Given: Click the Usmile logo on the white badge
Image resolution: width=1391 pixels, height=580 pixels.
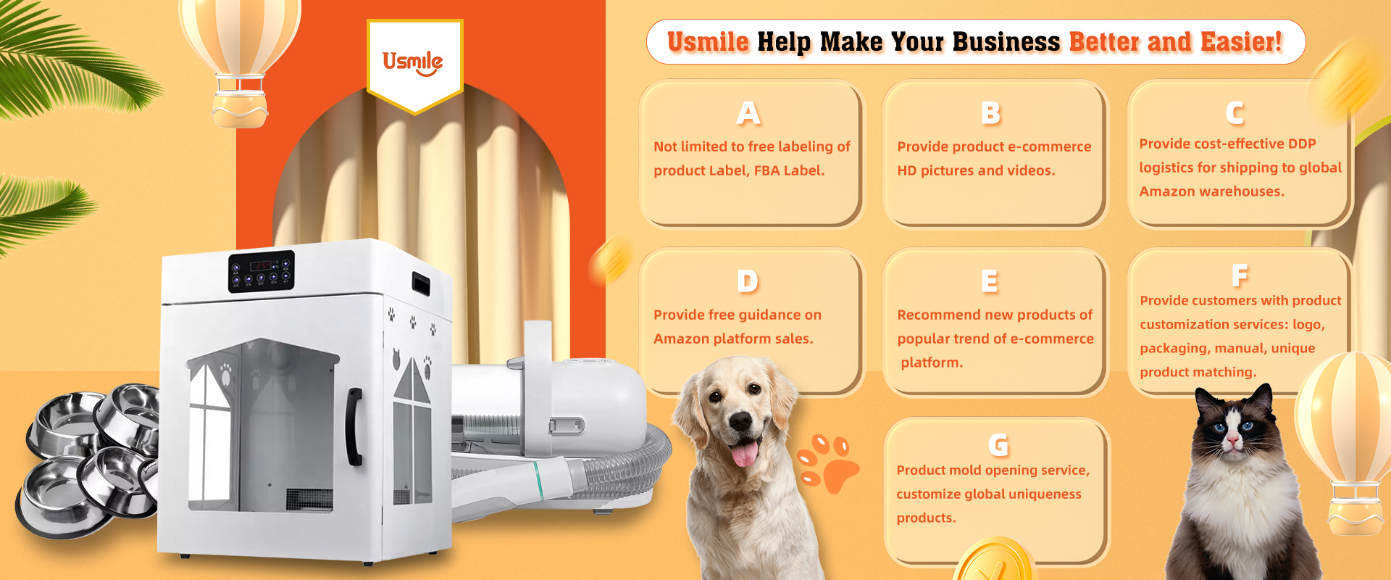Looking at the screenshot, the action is pos(412,62).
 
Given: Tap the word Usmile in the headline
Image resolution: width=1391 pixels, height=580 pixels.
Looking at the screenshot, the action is pos(708,41).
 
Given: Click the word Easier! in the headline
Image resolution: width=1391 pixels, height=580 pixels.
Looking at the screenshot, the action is pos(1241,41).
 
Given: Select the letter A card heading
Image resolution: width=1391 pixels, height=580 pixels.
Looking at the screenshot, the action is pos(748,113).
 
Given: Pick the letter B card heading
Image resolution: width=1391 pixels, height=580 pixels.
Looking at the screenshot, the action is pos(990,113).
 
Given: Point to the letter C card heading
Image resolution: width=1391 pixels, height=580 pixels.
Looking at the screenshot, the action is pos(1235,113).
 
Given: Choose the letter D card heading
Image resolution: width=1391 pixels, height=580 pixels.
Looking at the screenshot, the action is pos(748,281).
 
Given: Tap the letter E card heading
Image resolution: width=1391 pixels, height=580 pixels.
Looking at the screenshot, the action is pos(989,281).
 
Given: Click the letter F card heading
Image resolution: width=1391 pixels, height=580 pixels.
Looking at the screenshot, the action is pos(1240,275).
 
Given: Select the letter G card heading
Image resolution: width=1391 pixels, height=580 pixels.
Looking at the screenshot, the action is pos(998,444).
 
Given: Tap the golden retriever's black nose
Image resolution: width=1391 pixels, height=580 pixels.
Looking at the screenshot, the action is pos(739,421).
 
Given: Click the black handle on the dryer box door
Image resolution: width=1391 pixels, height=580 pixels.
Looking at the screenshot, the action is pos(354,427).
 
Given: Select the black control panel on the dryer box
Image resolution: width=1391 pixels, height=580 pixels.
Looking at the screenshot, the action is pos(262,271).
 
